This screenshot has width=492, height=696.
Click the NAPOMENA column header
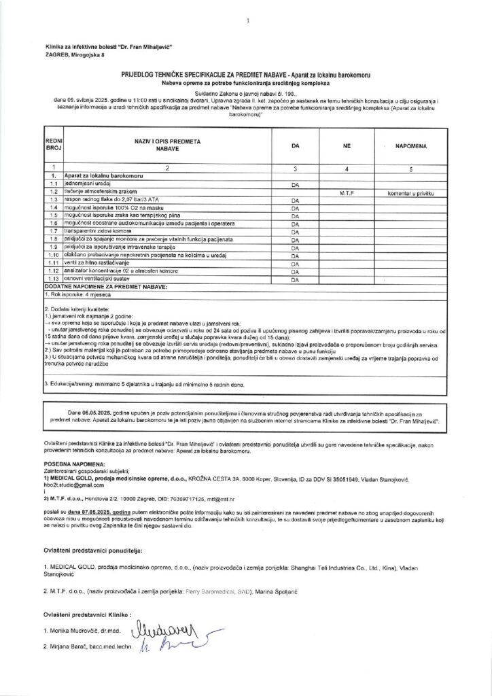pos(409,145)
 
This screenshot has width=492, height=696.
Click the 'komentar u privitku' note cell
pos(410,193)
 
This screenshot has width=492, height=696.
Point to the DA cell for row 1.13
pos(295,279)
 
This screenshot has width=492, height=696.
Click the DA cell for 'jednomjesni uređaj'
pos(295,185)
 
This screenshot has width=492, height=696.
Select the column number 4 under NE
pos(347,167)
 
